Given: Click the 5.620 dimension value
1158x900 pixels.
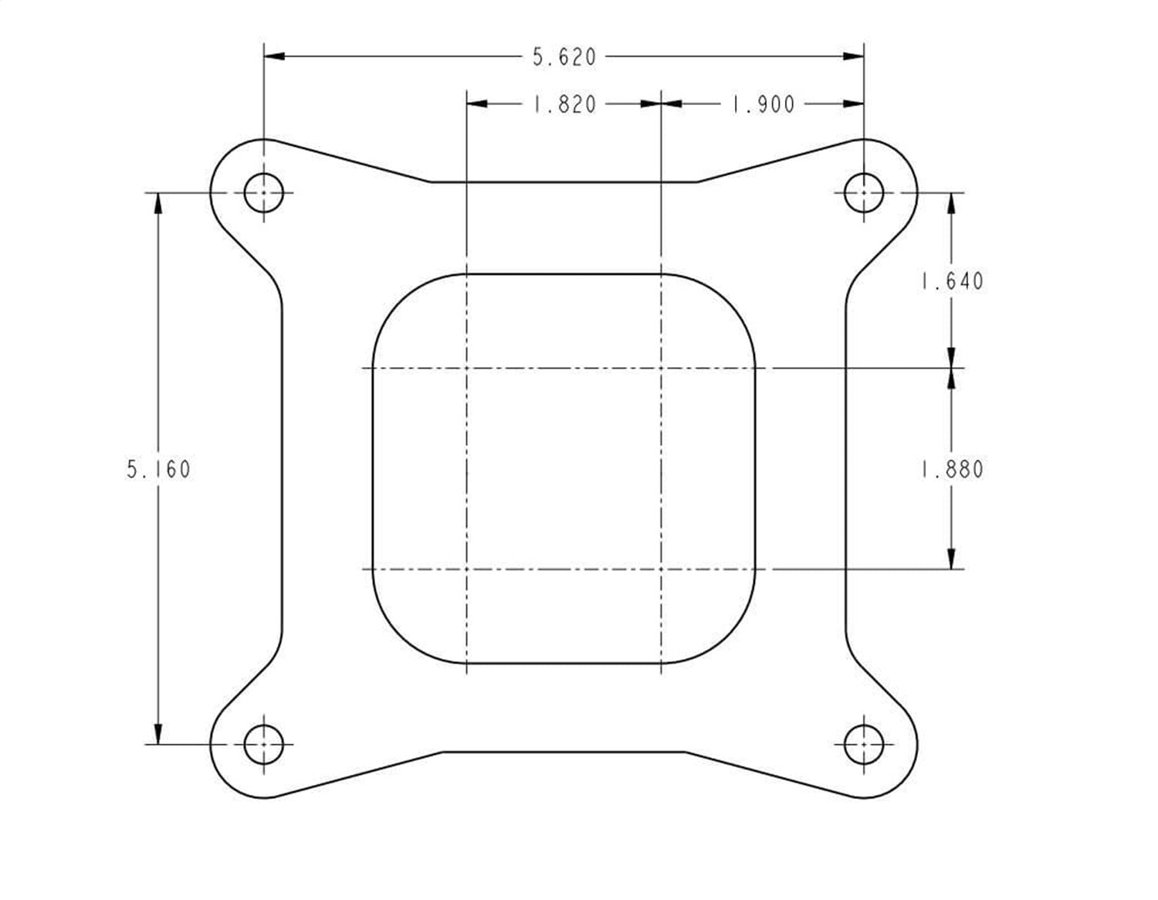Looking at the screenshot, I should (x=564, y=57).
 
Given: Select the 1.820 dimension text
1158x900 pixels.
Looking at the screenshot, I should (x=564, y=104).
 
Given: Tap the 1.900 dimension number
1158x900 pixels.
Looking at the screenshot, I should (x=763, y=104).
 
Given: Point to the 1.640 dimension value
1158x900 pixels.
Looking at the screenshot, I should (x=952, y=280).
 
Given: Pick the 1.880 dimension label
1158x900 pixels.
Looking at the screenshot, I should (x=952, y=469).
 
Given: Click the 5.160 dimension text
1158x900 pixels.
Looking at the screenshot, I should (x=158, y=469).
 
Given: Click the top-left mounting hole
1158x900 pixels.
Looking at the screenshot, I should (x=264, y=192).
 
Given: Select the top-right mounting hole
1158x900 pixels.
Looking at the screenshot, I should (x=863, y=192).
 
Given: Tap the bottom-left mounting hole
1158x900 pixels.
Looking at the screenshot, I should (x=264, y=745).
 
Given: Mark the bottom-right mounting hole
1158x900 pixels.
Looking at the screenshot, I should (x=863, y=745).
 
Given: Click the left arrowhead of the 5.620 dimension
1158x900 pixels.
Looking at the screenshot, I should (x=275, y=56).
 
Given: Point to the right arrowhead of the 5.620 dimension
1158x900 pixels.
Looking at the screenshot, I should (x=853, y=56).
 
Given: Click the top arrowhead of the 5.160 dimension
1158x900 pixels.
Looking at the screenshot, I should (x=158, y=202).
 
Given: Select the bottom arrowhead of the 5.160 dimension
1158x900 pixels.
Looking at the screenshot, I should (x=158, y=735).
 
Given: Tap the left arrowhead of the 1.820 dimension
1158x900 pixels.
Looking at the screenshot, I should (x=478, y=104).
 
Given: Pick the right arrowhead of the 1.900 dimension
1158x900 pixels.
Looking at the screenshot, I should (x=853, y=104).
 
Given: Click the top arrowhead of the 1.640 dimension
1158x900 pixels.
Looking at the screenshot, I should (x=951, y=202).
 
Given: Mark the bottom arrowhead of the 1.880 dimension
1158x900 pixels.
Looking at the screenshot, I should (x=951, y=559).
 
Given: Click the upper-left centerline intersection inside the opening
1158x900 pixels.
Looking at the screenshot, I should (x=467, y=368).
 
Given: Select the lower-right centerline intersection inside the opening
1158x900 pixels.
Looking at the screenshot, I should (x=661, y=570).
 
